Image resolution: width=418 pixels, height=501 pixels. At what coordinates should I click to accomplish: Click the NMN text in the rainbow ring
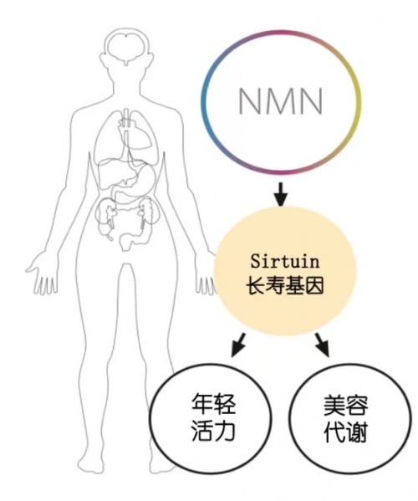pyautogui.click(x=281, y=100)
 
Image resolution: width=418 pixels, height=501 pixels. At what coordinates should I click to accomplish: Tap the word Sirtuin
pyautogui.click(x=284, y=261)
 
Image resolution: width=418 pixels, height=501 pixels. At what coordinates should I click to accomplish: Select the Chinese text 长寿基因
pyautogui.click(x=284, y=284)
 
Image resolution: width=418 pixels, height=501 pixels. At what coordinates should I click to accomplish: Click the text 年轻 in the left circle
pyautogui.click(x=214, y=403)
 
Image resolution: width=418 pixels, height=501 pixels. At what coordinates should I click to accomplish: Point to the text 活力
pyautogui.click(x=214, y=430)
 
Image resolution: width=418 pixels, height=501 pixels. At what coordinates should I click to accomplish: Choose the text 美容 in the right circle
pyautogui.click(x=346, y=405)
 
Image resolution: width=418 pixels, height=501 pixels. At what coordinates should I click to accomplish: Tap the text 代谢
pyautogui.click(x=346, y=432)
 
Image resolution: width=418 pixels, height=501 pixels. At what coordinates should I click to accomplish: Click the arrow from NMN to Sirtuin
pyautogui.click(x=280, y=194)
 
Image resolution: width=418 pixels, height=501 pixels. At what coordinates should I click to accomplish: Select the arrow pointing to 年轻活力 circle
pyautogui.click(x=238, y=345)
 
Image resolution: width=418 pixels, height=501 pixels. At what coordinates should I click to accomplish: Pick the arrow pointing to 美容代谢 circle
pyautogui.click(x=322, y=345)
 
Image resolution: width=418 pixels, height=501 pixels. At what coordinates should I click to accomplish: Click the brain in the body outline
pyautogui.click(x=127, y=47)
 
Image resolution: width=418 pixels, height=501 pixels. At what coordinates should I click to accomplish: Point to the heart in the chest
pyautogui.click(x=136, y=134)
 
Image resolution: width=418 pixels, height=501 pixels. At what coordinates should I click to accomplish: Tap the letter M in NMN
pyautogui.click(x=281, y=100)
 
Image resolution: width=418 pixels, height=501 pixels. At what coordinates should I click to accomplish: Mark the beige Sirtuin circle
pyautogui.click(x=284, y=271)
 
